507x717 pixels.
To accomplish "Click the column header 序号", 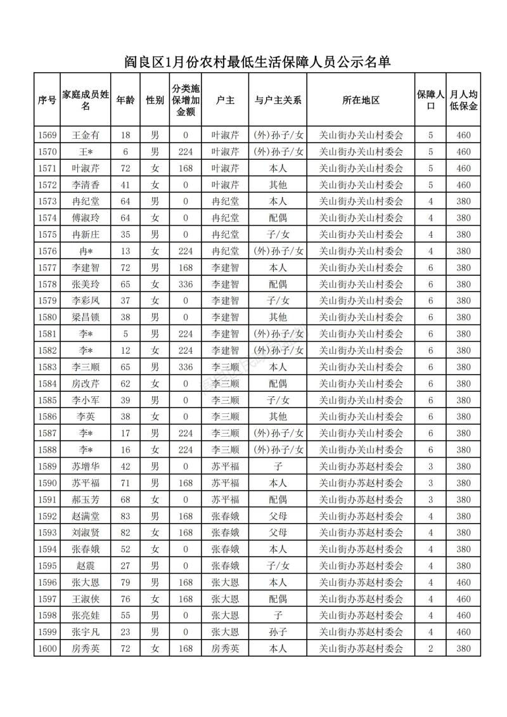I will tap(47, 100).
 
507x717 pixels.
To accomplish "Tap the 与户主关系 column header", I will tap(278, 100).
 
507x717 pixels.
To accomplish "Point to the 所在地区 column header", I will tap(361, 100).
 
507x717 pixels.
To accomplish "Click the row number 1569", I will tap(47, 136).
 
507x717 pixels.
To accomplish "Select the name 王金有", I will tap(86, 136).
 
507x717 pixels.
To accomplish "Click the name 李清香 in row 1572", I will tap(86, 185).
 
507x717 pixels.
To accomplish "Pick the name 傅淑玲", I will tap(86, 218).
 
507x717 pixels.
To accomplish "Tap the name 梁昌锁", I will tap(86, 317).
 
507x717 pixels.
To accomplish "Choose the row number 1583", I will tap(47, 366).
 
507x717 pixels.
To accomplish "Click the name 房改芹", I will tap(86, 384).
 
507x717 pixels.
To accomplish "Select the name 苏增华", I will tap(86, 466).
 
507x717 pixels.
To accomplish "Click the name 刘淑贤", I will tap(86, 533).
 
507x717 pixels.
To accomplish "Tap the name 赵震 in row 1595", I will tap(86, 565).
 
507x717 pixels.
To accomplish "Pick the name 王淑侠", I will tap(86, 598).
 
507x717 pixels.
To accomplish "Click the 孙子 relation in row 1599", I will tap(278, 631).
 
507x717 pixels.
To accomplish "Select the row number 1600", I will tap(47, 648).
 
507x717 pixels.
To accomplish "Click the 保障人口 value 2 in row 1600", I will tap(430, 648).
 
